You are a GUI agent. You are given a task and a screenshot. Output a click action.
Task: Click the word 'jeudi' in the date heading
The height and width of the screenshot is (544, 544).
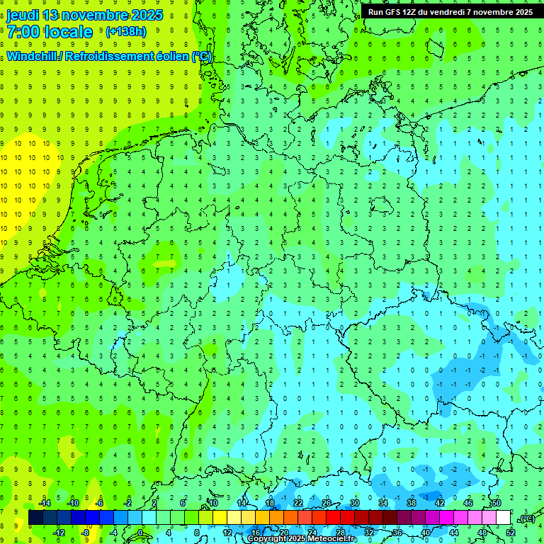[22, 15]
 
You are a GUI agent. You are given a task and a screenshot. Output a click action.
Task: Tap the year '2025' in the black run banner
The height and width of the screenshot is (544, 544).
[521, 12]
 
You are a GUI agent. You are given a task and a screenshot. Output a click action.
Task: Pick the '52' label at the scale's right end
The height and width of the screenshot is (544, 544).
[510, 533]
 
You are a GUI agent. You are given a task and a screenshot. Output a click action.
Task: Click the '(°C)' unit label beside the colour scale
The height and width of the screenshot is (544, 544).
[526, 518]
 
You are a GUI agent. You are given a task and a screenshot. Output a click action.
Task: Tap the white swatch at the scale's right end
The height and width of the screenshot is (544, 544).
[503, 518]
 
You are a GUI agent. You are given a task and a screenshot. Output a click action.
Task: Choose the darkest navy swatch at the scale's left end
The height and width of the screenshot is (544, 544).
[35, 518]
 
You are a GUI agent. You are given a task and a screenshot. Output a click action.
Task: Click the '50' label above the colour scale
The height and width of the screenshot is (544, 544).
[496, 503]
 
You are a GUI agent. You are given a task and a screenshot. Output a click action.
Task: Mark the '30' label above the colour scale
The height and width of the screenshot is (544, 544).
[354, 503]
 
